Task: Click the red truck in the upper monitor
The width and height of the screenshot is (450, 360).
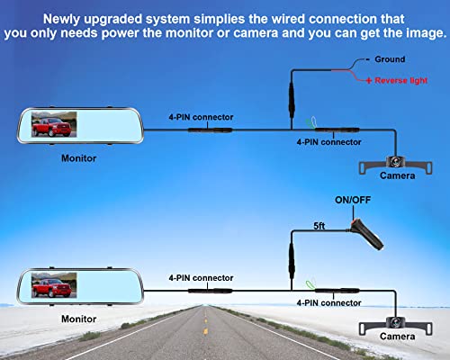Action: click(x=51, y=127)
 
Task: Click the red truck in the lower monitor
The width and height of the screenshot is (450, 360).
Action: click(x=51, y=288)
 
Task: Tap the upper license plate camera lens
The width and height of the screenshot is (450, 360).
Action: click(x=395, y=162)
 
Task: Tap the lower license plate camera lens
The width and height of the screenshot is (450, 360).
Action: click(x=395, y=323)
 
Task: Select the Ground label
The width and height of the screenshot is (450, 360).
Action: click(x=390, y=59)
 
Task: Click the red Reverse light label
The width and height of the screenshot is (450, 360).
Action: click(x=400, y=80)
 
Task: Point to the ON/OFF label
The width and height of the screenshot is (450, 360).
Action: click(x=353, y=200)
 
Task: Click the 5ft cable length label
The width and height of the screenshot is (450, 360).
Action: click(x=319, y=226)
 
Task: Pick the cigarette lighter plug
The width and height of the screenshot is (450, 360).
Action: click(x=366, y=235)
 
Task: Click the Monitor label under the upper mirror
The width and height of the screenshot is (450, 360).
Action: click(x=78, y=158)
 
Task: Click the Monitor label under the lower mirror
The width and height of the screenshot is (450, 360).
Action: click(x=78, y=319)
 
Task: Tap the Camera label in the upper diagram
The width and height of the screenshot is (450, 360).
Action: click(x=397, y=175)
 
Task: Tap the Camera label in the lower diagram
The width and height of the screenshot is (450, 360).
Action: click(x=397, y=337)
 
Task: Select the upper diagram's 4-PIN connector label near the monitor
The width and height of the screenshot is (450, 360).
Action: click(x=201, y=117)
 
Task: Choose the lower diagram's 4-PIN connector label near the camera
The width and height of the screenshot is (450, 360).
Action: click(x=328, y=303)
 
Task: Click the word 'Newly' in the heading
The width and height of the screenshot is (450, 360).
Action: click(x=61, y=19)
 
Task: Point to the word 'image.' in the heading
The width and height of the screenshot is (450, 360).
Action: click(x=426, y=33)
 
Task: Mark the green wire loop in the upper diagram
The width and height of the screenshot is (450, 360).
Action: click(x=310, y=122)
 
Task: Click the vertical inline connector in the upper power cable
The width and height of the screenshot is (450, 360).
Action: click(x=292, y=100)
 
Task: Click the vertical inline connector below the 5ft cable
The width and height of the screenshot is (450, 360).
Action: click(x=292, y=261)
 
